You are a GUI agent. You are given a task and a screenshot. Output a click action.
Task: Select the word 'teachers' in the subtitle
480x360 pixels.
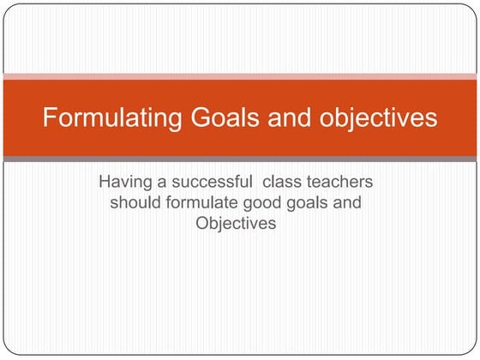pyautogui.click(x=343, y=183)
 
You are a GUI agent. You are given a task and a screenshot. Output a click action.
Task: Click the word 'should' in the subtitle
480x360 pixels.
pyautogui.click(x=135, y=203)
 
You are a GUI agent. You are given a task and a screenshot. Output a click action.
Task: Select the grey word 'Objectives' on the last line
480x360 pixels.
pyautogui.click(x=236, y=224)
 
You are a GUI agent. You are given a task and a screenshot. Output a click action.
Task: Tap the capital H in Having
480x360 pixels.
pyautogui.click(x=105, y=183)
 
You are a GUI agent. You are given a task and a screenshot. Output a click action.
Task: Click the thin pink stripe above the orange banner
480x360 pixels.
pyautogui.click(x=240, y=76)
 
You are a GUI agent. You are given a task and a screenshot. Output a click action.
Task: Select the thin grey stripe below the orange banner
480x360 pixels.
pyautogui.click(x=240, y=159)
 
